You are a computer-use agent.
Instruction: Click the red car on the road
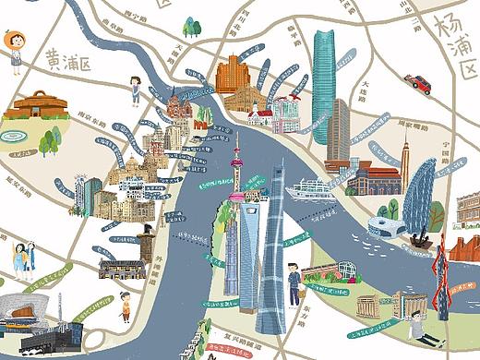click(x=421, y=83)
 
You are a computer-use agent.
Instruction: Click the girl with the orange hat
click(x=14, y=49)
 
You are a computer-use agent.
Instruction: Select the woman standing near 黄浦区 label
click(x=136, y=90)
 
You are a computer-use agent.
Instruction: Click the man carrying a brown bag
click(x=293, y=282)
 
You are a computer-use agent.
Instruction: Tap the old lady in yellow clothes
click(x=125, y=306)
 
